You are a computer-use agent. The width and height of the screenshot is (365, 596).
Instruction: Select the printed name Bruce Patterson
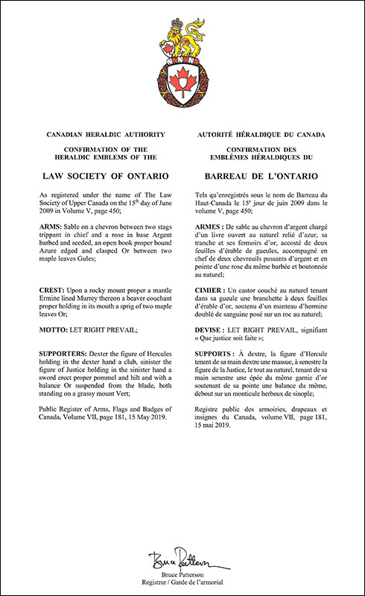[182, 575]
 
